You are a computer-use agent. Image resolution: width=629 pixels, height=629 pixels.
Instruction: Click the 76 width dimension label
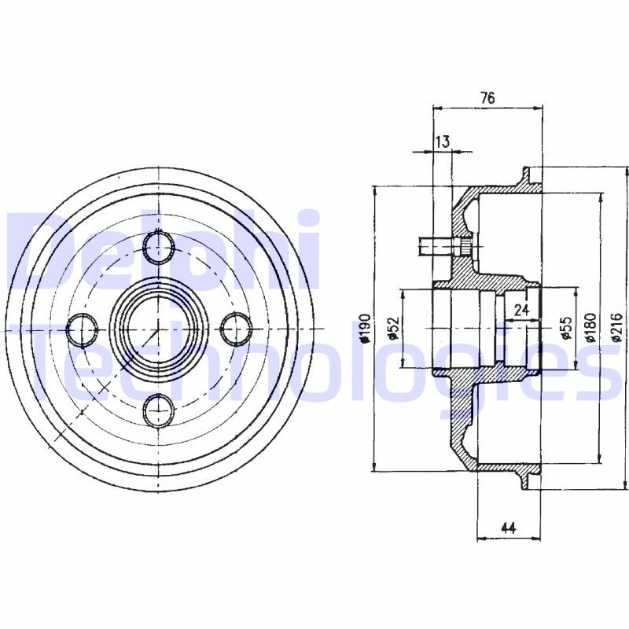click(x=487, y=97)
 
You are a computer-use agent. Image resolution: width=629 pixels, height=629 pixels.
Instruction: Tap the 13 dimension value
click(x=443, y=142)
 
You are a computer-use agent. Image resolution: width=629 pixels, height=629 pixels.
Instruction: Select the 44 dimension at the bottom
click(x=508, y=528)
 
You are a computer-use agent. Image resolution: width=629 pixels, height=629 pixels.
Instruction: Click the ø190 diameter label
click(x=365, y=328)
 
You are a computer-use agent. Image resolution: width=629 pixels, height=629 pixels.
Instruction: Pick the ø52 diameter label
click(x=394, y=328)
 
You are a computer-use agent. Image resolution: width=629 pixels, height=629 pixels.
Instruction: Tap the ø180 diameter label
click(x=590, y=328)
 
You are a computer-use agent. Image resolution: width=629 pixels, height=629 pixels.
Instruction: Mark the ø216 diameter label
click(x=617, y=328)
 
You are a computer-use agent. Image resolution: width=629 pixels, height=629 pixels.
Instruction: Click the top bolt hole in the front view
click(x=160, y=247)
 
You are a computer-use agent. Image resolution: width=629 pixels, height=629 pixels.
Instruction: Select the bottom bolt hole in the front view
click(x=160, y=410)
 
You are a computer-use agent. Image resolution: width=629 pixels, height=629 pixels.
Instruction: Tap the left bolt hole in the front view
click(x=83, y=329)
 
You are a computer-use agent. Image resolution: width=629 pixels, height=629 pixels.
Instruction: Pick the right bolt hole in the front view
click(x=237, y=329)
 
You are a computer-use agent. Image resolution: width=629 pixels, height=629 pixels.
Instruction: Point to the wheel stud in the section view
click(x=444, y=247)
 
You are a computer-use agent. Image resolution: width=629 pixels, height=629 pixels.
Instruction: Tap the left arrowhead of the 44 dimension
click(x=481, y=539)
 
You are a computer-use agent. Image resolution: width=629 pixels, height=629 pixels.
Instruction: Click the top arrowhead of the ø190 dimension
click(x=375, y=191)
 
